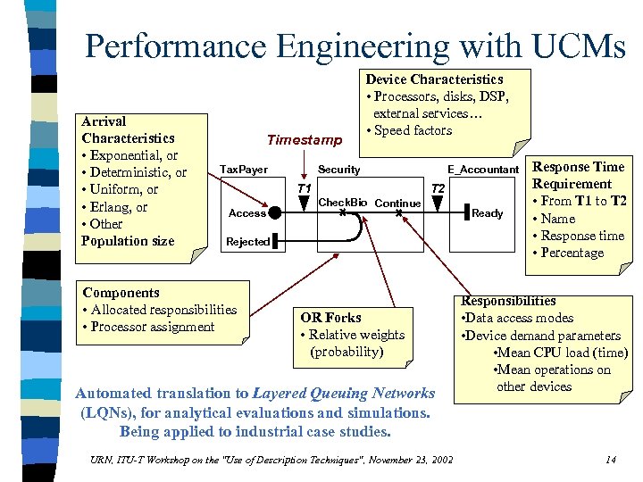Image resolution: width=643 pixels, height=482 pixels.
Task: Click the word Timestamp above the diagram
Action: click(304, 140)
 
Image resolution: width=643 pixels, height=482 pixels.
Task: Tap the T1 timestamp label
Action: click(304, 189)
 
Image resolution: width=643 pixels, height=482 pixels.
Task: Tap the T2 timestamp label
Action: click(438, 189)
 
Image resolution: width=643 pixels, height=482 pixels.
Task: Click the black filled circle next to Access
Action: click(277, 212)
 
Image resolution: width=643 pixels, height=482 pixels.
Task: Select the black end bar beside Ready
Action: click(465, 212)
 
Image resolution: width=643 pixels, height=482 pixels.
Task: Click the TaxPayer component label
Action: click(244, 170)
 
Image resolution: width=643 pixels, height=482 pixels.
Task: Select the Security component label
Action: click(339, 170)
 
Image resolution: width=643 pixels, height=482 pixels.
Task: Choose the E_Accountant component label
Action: click(483, 170)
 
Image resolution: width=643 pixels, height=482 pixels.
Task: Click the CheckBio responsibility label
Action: click(343, 203)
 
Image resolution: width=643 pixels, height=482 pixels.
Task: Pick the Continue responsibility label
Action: click(397, 204)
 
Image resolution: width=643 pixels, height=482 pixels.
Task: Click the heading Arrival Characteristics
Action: click(128, 129)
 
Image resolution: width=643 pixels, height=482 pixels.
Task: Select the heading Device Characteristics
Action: click(434, 79)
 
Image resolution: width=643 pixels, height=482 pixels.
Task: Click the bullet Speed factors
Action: click(413, 130)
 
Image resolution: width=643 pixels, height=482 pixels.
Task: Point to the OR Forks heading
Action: click(330, 318)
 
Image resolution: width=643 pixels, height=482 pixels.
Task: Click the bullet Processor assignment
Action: click(152, 327)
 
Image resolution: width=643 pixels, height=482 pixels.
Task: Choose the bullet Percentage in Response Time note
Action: click(572, 253)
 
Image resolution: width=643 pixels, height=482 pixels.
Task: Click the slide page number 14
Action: click(611, 460)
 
